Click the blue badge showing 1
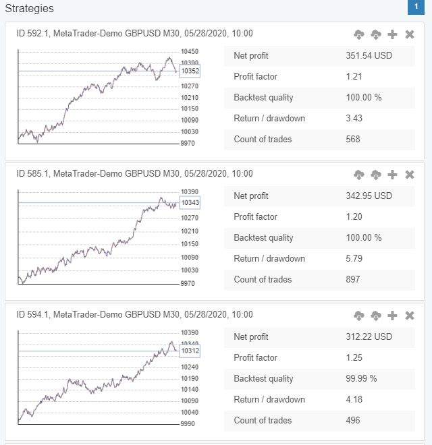pyautogui.click(x=416, y=7)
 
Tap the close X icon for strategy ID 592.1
pyautogui.click(x=410, y=34)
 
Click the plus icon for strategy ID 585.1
pyautogui.click(x=393, y=175)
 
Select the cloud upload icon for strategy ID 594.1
pyautogui.click(x=359, y=316)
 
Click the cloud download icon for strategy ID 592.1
pyautogui.click(x=376, y=34)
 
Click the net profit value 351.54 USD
pyautogui.click(x=369, y=56)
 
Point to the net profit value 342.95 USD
pyautogui.click(x=369, y=196)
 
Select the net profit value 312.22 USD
pyautogui.click(x=369, y=337)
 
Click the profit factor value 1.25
pyautogui.click(x=354, y=358)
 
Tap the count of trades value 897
pyautogui.click(x=352, y=280)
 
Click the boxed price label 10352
pyautogui.click(x=190, y=71)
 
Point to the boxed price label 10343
pyautogui.click(x=190, y=202)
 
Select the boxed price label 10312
pyautogui.click(x=190, y=351)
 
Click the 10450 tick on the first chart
pyautogui.click(x=190, y=52)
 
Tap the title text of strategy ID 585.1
pyautogui.click(x=134, y=174)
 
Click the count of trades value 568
pyautogui.click(x=352, y=140)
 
